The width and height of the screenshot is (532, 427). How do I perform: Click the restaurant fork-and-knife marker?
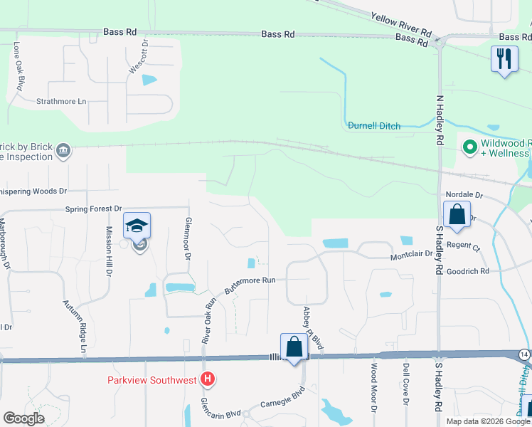[x=504, y=58]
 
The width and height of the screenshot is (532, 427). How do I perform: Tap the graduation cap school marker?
[x=137, y=226]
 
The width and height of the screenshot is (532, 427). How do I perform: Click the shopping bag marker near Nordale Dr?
[x=456, y=213]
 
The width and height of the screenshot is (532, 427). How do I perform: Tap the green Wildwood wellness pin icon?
[x=469, y=147]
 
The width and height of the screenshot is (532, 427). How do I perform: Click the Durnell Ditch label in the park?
[x=374, y=126]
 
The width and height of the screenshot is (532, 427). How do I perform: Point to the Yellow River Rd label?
[x=401, y=24]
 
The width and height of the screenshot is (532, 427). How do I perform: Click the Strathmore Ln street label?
[x=61, y=101]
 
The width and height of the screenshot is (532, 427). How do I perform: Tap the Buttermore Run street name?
[x=250, y=285]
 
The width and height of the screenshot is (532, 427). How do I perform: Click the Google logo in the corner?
[x=24, y=418]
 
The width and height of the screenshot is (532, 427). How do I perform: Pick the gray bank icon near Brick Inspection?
[x=63, y=150]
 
